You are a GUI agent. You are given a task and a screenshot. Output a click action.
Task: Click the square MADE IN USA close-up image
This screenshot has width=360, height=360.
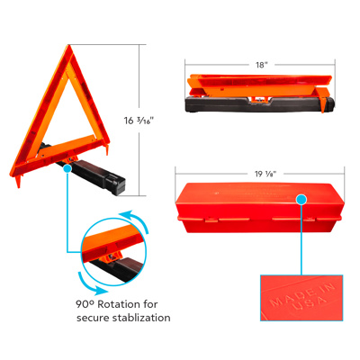tap(297, 297)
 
